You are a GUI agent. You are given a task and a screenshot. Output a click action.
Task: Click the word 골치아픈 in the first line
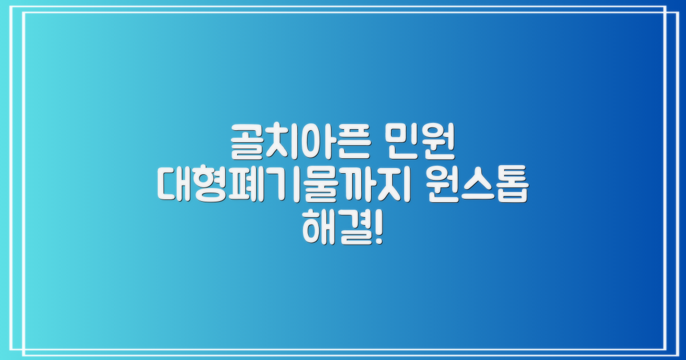pos(300,142)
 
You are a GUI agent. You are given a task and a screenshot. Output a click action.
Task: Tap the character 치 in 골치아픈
pos(283,142)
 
